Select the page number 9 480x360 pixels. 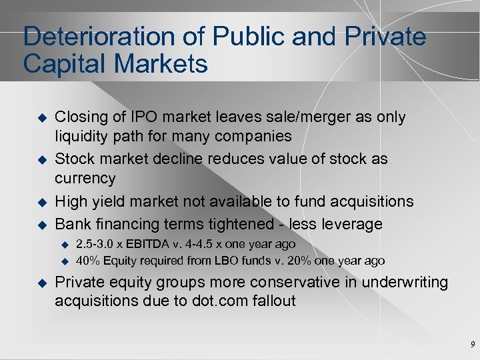tap(472, 345)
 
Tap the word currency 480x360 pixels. tap(85, 179)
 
